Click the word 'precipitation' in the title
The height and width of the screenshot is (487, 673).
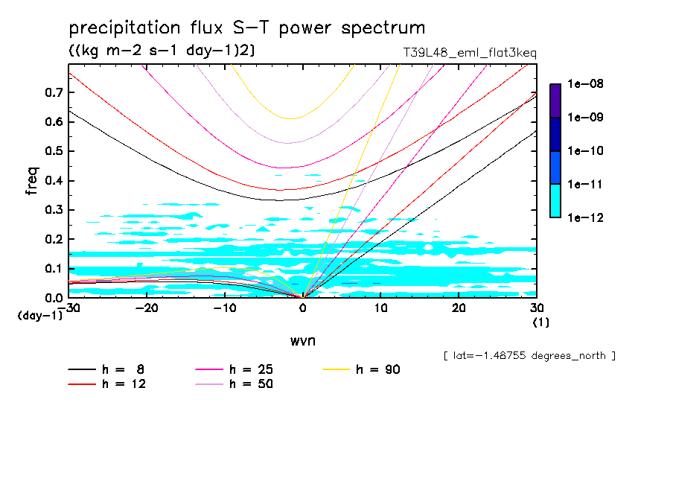[x=120, y=29]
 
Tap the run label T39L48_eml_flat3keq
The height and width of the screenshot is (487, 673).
[x=468, y=54]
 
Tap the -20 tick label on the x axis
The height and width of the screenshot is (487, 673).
[x=147, y=308]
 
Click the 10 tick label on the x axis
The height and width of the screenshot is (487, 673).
[x=380, y=308]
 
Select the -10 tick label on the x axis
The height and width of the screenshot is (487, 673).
[x=224, y=308]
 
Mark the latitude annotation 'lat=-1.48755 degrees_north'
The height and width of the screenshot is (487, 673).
[x=529, y=356]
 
